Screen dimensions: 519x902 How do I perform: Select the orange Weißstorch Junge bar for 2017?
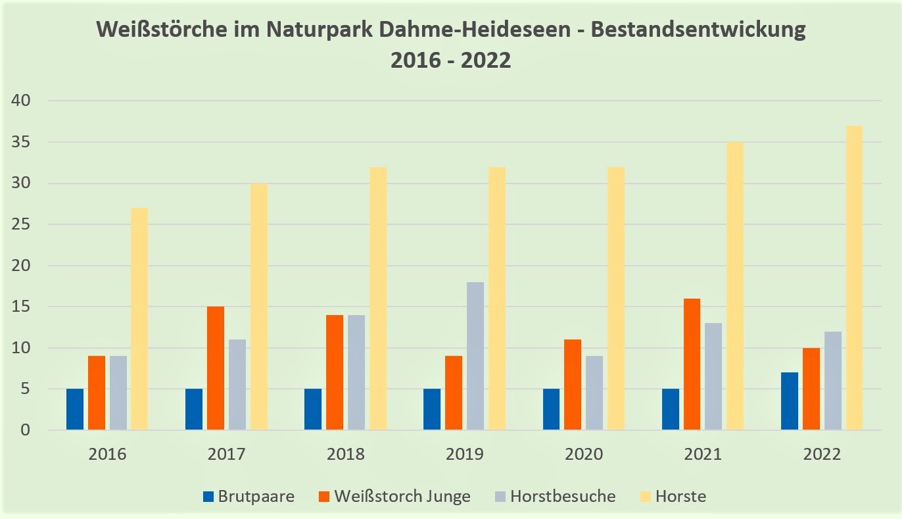(215, 368)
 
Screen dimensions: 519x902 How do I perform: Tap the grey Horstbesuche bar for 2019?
(475, 356)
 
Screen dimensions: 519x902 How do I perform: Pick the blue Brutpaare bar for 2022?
(790, 401)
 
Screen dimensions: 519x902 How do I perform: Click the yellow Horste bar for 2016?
(139, 319)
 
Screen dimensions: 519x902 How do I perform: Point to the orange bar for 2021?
(692, 364)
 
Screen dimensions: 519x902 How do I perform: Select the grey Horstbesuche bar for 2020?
(594, 393)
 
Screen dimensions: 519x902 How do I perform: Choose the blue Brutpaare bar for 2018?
(313, 409)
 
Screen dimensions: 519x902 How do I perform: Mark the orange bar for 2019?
(454, 393)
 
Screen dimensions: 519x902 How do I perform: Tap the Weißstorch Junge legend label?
(402, 496)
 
